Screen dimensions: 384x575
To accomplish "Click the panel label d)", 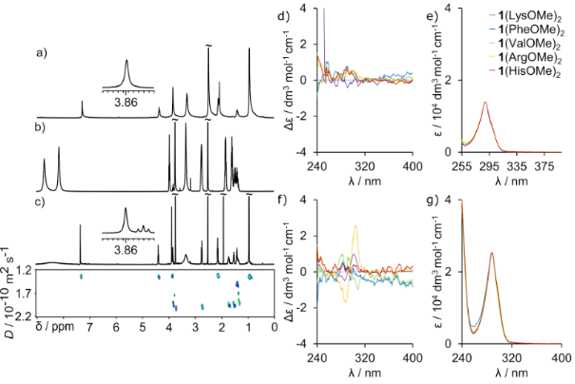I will click(x=303, y=11).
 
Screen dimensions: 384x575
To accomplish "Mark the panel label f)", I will click(x=303, y=197).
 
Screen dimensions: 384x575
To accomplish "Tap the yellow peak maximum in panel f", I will click(x=356, y=225).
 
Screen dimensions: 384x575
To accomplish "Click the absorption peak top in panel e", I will click(x=485, y=103).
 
